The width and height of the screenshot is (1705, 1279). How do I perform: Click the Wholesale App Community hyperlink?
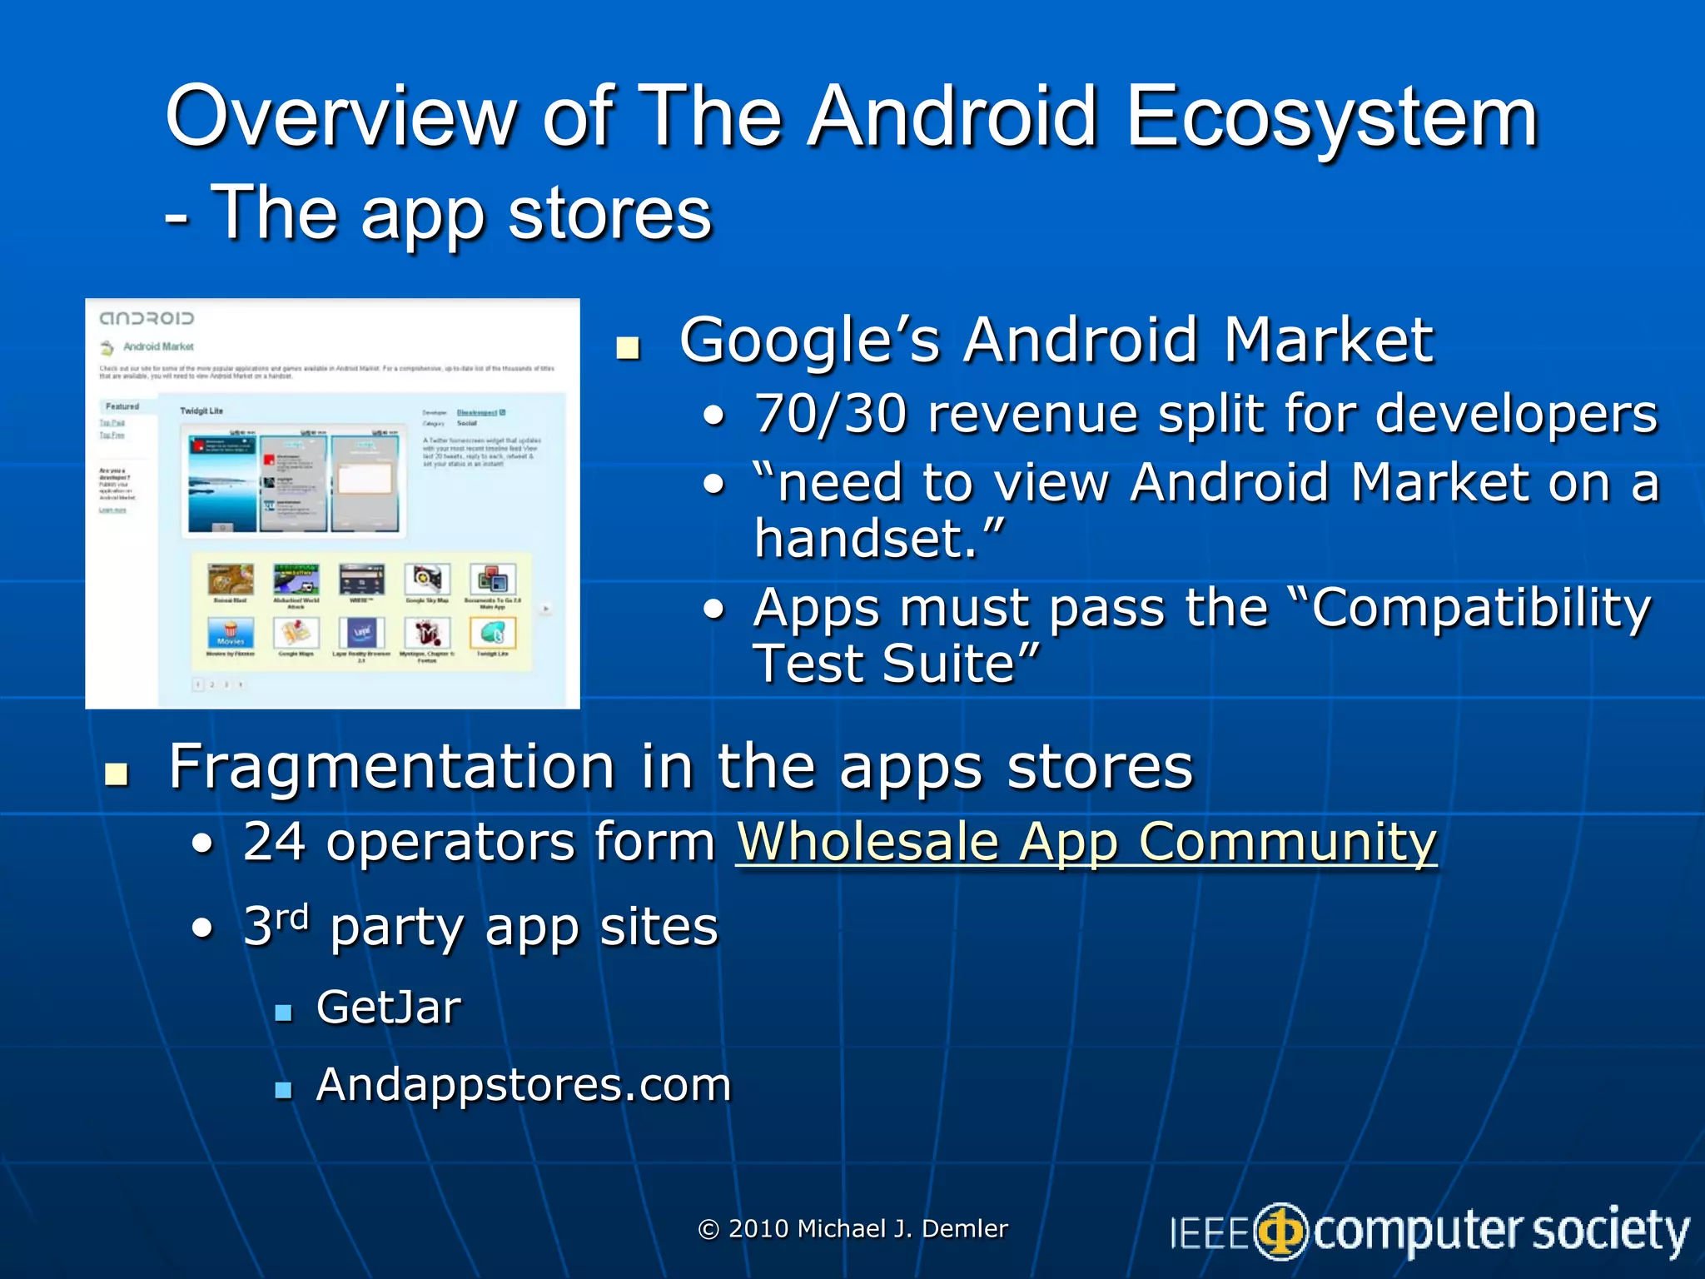1086,842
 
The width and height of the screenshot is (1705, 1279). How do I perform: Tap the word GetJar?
388,1008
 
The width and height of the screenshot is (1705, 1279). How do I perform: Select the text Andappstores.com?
523,1085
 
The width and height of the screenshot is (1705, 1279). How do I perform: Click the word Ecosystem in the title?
1331,117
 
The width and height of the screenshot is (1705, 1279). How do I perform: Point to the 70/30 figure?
829,414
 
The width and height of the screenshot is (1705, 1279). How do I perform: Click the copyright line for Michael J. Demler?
852,1228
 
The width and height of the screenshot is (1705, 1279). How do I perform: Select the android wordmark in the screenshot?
147,318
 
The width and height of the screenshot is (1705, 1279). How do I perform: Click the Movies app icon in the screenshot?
230,633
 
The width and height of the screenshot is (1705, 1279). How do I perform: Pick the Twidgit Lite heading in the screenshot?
201,411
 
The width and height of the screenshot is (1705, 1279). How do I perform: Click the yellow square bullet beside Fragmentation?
117,774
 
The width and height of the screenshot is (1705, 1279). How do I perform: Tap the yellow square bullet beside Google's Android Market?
628,347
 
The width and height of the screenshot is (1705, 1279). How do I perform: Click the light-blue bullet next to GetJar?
283,1013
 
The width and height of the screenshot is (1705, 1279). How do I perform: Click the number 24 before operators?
274,842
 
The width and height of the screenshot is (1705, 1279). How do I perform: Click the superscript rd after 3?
292,917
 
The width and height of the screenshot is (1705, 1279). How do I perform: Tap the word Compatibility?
1480,608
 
